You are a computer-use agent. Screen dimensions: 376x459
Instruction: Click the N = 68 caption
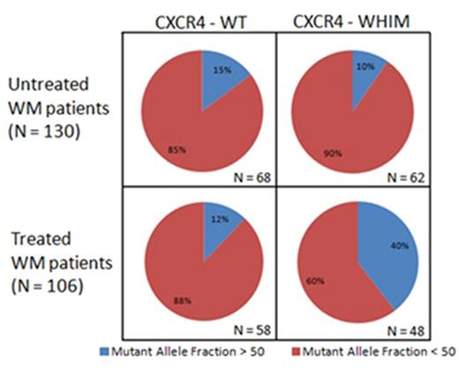252,177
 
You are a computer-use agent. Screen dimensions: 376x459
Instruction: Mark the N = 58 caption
252,331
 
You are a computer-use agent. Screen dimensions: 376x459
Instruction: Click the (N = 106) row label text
44,285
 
